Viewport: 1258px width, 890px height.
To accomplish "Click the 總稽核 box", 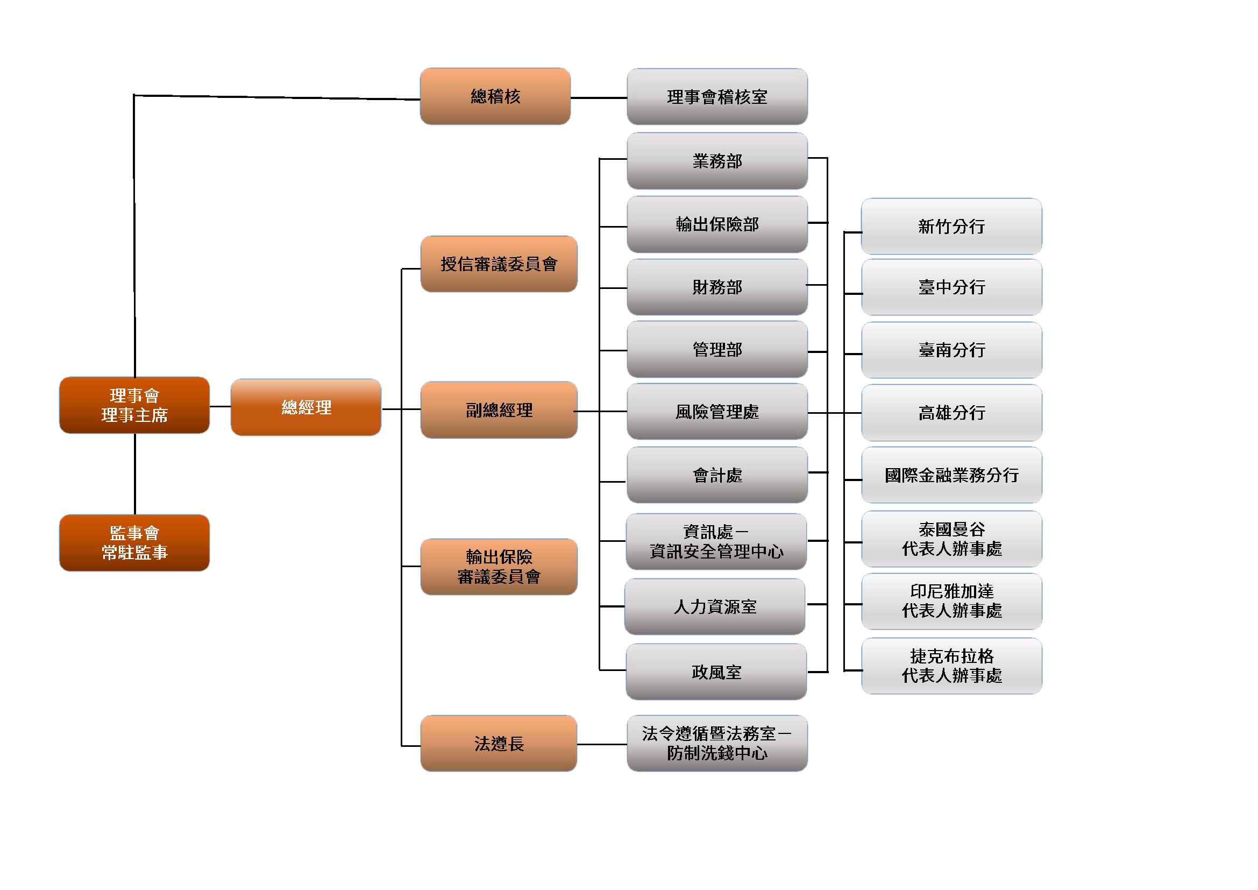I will [x=495, y=96].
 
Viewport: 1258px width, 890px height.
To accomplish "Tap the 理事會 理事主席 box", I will [x=134, y=405].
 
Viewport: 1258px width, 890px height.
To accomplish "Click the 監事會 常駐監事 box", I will [x=134, y=542].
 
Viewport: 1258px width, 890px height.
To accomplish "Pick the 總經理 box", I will [x=305, y=407].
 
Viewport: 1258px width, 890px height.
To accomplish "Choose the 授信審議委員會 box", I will [x=499, y=264].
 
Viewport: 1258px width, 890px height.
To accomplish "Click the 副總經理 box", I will [x=499, y=410].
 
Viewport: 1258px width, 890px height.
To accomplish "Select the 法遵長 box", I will [x=499, y=743].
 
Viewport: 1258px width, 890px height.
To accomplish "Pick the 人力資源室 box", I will [x=714, y=606].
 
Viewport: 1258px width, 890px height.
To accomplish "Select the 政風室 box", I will [x=716, y=672].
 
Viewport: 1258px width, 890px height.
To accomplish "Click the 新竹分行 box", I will [x=951, y=227].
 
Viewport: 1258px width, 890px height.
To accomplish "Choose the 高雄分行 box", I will [x=951, y=413].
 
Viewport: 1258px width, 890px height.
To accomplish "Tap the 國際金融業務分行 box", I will [x=951, y=475].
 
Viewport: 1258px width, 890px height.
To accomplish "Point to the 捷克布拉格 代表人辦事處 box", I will [x=951, y=666].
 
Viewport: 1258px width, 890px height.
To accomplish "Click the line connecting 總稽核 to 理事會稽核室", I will [x=598, y=98].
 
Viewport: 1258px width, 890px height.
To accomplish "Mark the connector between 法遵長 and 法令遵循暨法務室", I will [x=602, y=744].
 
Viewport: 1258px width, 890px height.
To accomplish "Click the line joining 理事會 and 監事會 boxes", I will [x=135, y=474].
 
